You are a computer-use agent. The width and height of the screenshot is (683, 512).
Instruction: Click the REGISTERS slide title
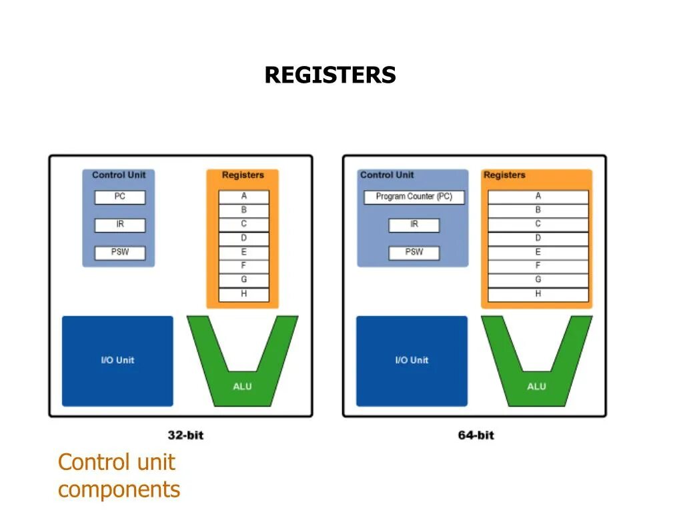tap(330, 75)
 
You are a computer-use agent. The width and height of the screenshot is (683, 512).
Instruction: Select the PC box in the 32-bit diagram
tap(120, 197)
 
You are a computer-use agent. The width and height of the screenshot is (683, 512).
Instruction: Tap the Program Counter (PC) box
tap(414, 197)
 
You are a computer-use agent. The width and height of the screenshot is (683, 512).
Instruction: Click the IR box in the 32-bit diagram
tap(120, 225)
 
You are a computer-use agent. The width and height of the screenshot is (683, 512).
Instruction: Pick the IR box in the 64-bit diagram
tap(414, 225)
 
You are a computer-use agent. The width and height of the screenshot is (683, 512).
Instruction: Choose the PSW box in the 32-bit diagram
tap(120, 253)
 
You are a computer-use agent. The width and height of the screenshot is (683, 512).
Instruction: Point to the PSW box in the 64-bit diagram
tap(414, 253)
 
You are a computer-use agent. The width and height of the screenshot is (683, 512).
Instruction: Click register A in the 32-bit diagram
tap(243, 197)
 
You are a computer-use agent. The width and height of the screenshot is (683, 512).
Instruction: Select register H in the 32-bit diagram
tap(243, 294)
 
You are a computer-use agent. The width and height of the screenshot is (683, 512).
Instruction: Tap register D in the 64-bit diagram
tap(538, 239)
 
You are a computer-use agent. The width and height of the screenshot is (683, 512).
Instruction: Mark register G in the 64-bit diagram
tap(538, 280)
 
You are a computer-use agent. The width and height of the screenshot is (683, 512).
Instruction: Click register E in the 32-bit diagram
tap(243, 253)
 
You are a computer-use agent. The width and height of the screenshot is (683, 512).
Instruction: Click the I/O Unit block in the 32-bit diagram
tap(117, 361)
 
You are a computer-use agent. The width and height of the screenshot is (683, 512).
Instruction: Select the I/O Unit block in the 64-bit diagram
tap(412, 361)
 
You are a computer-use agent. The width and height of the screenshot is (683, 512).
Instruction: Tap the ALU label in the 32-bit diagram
tap(243, 387)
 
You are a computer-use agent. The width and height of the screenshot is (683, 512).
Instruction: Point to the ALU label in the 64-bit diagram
tap(536, 387)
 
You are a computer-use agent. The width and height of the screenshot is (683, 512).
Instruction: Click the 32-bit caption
tap(185, 435)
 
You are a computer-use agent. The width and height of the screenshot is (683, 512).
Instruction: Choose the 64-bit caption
tap(476, 435)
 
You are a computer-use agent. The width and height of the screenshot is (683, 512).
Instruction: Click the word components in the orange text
tap(119, 489)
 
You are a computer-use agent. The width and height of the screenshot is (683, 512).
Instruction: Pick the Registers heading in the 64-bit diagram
tap(504, 175)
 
